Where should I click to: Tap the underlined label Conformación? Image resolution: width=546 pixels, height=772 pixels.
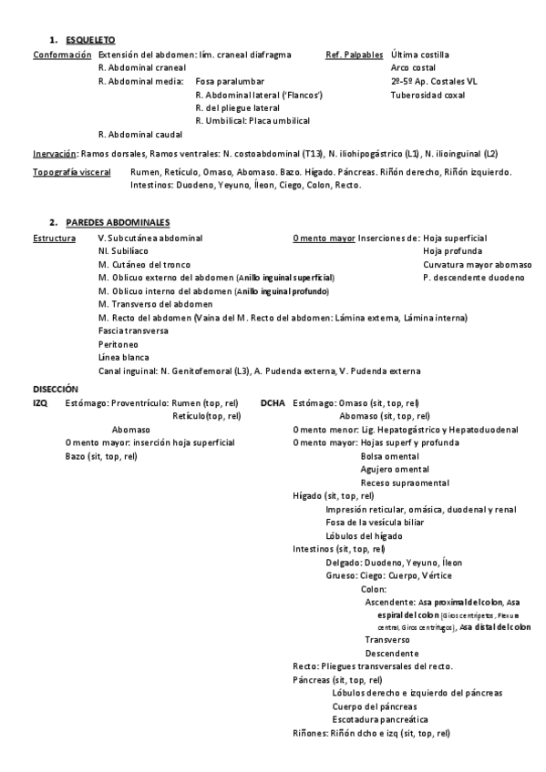(56, 55)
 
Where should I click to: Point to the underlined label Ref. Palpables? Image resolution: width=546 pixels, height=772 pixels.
(355, 55)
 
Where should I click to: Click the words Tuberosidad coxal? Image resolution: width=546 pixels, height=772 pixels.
(428, 95)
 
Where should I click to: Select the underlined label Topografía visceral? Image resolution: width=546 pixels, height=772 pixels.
(72, 172)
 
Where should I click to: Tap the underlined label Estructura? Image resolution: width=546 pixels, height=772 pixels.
(54, 238)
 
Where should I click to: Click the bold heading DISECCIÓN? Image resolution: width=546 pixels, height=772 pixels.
(56, 388)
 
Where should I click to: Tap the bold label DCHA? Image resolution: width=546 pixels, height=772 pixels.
(272, 401)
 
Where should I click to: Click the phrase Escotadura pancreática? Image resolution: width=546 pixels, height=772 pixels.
(380, 719)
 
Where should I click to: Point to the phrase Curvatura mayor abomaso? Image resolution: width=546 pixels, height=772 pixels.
(478, 264)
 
